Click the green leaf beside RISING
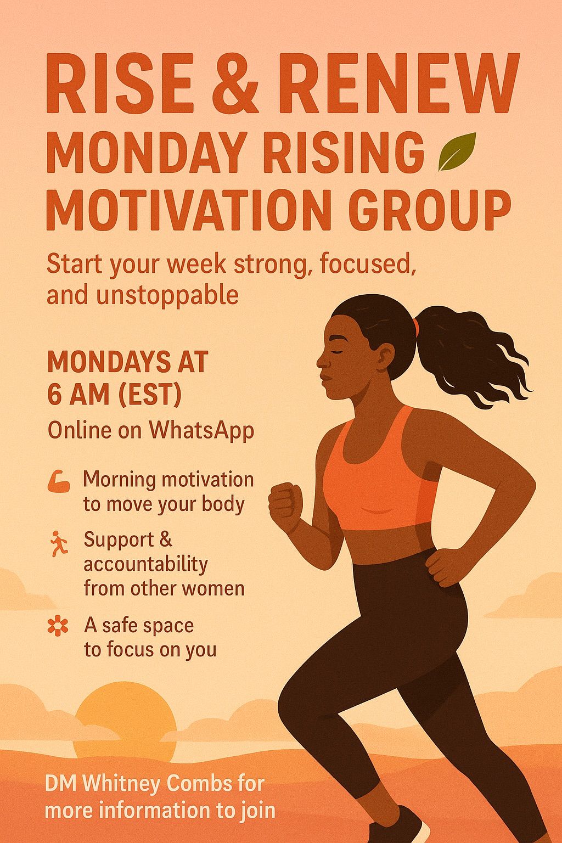click(x=457, y=151)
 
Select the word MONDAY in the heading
click(x=146, y=152)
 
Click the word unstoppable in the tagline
click(x=167, y=297)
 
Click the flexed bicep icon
click(x=59, y=482)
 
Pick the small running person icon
click(x=59, y=543)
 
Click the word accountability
click(x=145, y=565)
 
